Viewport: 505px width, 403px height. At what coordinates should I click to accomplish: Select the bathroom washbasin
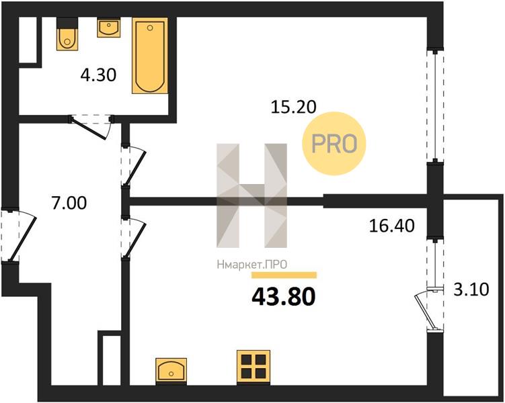(109, 28)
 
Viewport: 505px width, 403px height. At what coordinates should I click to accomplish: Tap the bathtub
(150, 56)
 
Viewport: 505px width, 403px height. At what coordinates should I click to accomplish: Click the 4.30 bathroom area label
(98, 76)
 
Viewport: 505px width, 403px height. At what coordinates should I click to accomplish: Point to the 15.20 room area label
(294, 107)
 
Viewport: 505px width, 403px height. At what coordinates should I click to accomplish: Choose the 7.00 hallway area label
(69, 204)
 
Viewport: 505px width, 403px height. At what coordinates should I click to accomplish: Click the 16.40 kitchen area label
(391, 226)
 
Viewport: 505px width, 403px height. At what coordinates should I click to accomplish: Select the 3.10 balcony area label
(471, 289)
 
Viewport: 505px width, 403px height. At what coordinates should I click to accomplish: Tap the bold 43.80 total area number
(283, 297)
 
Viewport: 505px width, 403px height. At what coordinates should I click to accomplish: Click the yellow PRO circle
(334, 144)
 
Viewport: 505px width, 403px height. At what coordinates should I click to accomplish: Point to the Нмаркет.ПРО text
(252, 265)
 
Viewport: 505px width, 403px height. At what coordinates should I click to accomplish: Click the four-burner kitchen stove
(253, 367)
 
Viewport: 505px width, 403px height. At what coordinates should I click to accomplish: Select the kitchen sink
(171, 371)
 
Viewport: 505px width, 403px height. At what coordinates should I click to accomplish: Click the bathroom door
(91, 126)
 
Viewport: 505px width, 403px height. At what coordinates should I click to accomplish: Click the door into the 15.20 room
(134, 167)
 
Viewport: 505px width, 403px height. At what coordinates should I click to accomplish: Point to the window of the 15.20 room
(435, 105)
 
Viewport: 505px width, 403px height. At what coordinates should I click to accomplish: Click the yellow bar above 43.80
(284, 275)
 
